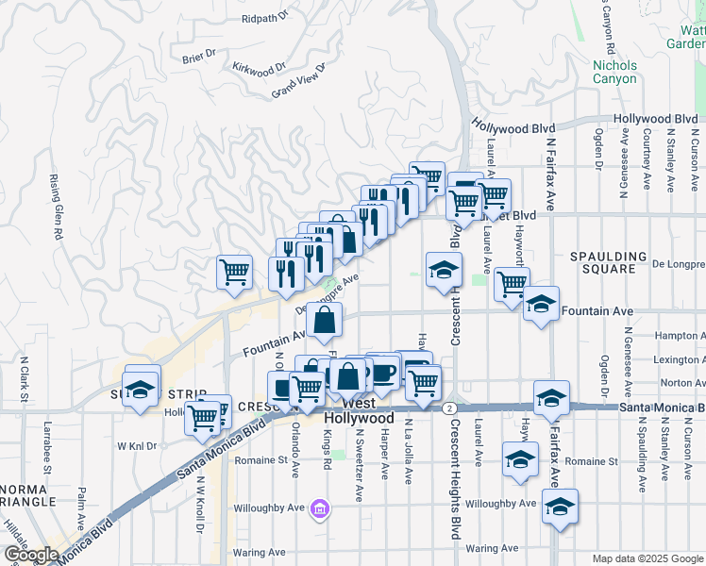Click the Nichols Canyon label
614,73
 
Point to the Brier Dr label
199,58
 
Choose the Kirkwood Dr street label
259,69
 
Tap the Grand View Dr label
297,81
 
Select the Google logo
30,555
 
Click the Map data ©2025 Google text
647,558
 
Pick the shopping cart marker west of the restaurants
234,273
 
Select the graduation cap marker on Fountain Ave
541,305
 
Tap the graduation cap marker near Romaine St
519,460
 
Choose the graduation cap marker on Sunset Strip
142,387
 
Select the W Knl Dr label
137,445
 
